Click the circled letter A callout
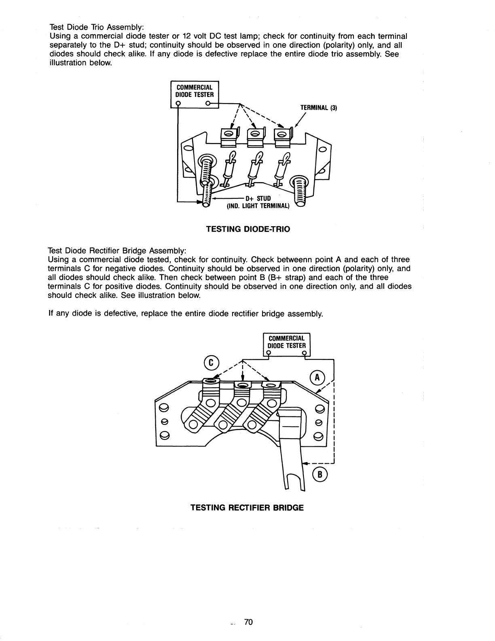317,377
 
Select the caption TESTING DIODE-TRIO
248,229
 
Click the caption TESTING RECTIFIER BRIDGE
247,507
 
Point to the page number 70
248,622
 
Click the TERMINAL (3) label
318,108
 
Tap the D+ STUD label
258,198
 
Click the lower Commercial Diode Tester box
286,342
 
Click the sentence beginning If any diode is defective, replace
185,313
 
